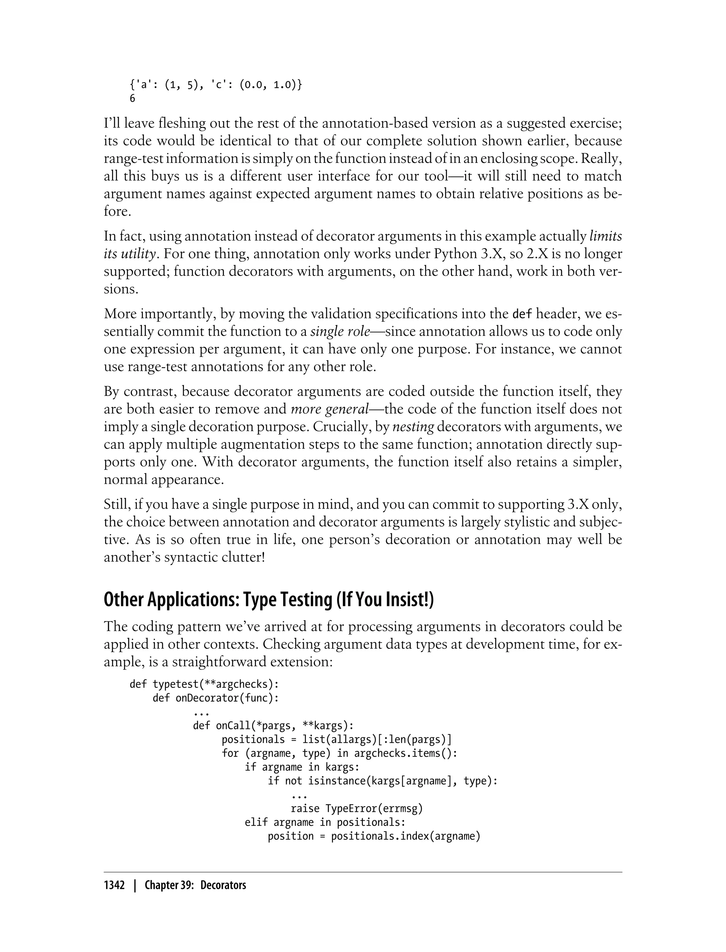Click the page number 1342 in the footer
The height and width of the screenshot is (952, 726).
pyautogui.click(x=114, y=885)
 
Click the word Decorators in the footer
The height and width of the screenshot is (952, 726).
pyautogui.click(x=223, y=885)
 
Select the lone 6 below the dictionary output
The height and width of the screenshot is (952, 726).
pyautogui.click(x=132, y=99)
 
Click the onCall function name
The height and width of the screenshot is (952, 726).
pyautogui.click(x=233, y=726)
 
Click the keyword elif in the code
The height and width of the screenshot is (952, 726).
pyautogui.click(x=256, y=822)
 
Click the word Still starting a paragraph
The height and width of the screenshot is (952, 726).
pyautogui.click(x=116, y=505)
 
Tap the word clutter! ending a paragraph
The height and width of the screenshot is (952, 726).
pyautogui.click(x=244, y=557)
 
